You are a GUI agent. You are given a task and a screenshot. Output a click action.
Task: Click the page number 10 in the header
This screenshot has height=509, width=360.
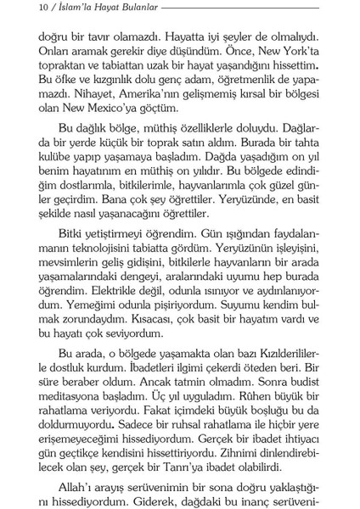tap(20, 11)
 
